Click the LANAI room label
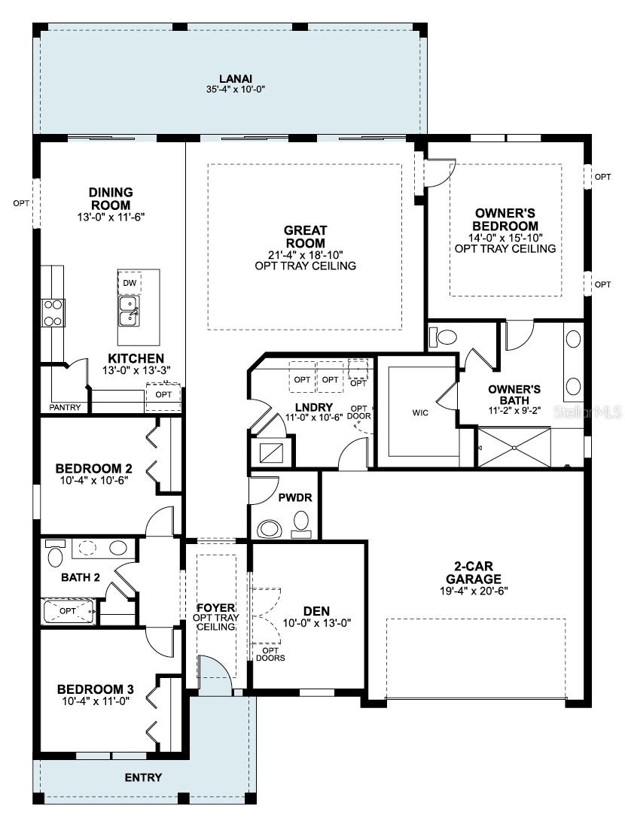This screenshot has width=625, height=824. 235,79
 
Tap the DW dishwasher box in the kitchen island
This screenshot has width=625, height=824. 130,283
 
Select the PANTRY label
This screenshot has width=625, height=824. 66,407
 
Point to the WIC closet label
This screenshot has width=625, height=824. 420,413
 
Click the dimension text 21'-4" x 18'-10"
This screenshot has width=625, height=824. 306,255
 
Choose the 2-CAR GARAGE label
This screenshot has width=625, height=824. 474,573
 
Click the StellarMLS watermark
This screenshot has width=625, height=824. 588,412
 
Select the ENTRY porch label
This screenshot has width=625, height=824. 143,777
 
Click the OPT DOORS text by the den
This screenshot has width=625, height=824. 270,654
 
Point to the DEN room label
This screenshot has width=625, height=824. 316,611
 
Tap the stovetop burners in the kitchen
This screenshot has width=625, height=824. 53,313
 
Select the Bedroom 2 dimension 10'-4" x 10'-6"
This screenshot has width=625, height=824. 94,480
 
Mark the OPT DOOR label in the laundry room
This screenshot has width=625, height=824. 359,412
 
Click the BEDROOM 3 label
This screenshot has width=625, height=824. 95,689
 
